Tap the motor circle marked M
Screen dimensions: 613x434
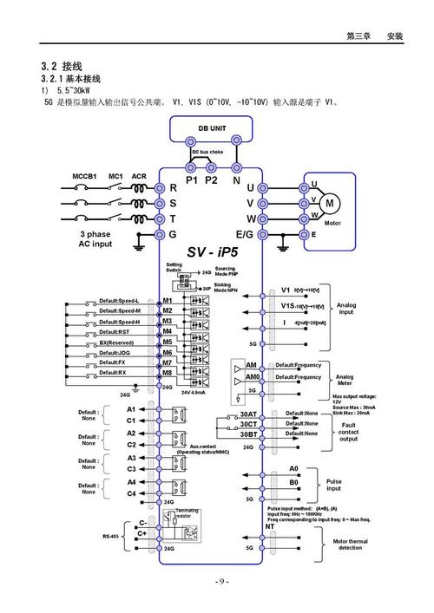click(330, 203)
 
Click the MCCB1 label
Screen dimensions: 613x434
click(84, 176)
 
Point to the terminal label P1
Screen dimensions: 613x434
click(192, 180)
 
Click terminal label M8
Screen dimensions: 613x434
click(168, 372)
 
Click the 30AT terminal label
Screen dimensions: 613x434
click(248, 414)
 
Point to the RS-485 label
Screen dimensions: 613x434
click(112, 536)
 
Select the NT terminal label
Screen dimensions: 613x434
click(270, 526)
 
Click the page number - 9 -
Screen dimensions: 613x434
click(217, 581)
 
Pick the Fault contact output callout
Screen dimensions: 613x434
click(348, 432)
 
